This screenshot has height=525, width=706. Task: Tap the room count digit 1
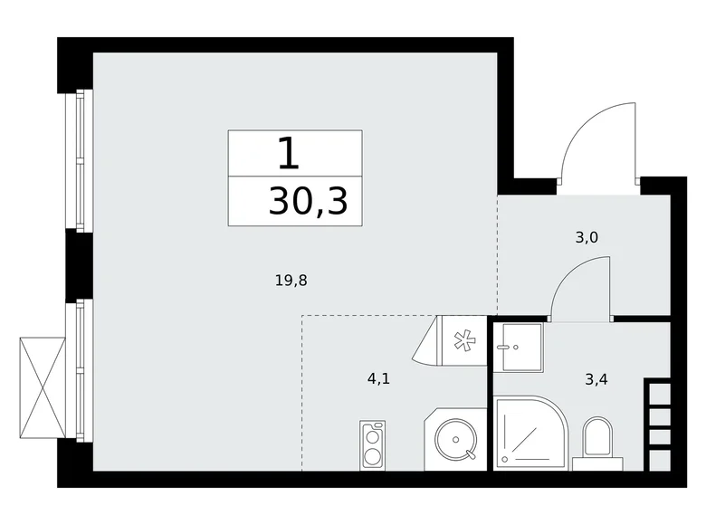coord(288,154)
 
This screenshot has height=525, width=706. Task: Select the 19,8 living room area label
coord(291,281)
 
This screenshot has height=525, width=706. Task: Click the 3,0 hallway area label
coord(587,239)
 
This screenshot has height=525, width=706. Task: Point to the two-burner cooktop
coord(372,444)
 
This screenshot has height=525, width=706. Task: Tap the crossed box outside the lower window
coord(43,385)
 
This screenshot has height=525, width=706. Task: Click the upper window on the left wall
coord(78,160)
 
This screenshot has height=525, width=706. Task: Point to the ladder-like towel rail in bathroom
coord(657,416)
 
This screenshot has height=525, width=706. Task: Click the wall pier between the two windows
coord(76,264)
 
